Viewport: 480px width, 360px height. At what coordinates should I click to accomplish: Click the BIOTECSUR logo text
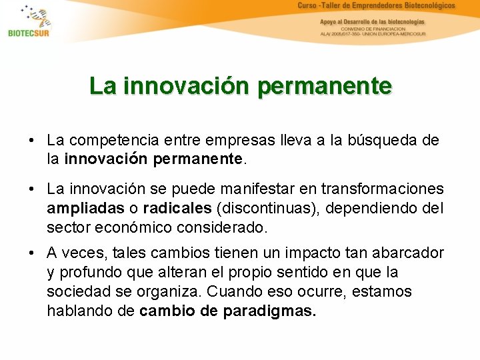29,33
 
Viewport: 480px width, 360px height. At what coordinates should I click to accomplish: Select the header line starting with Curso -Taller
377,6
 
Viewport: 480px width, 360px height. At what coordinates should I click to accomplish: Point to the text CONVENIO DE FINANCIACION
373,29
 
